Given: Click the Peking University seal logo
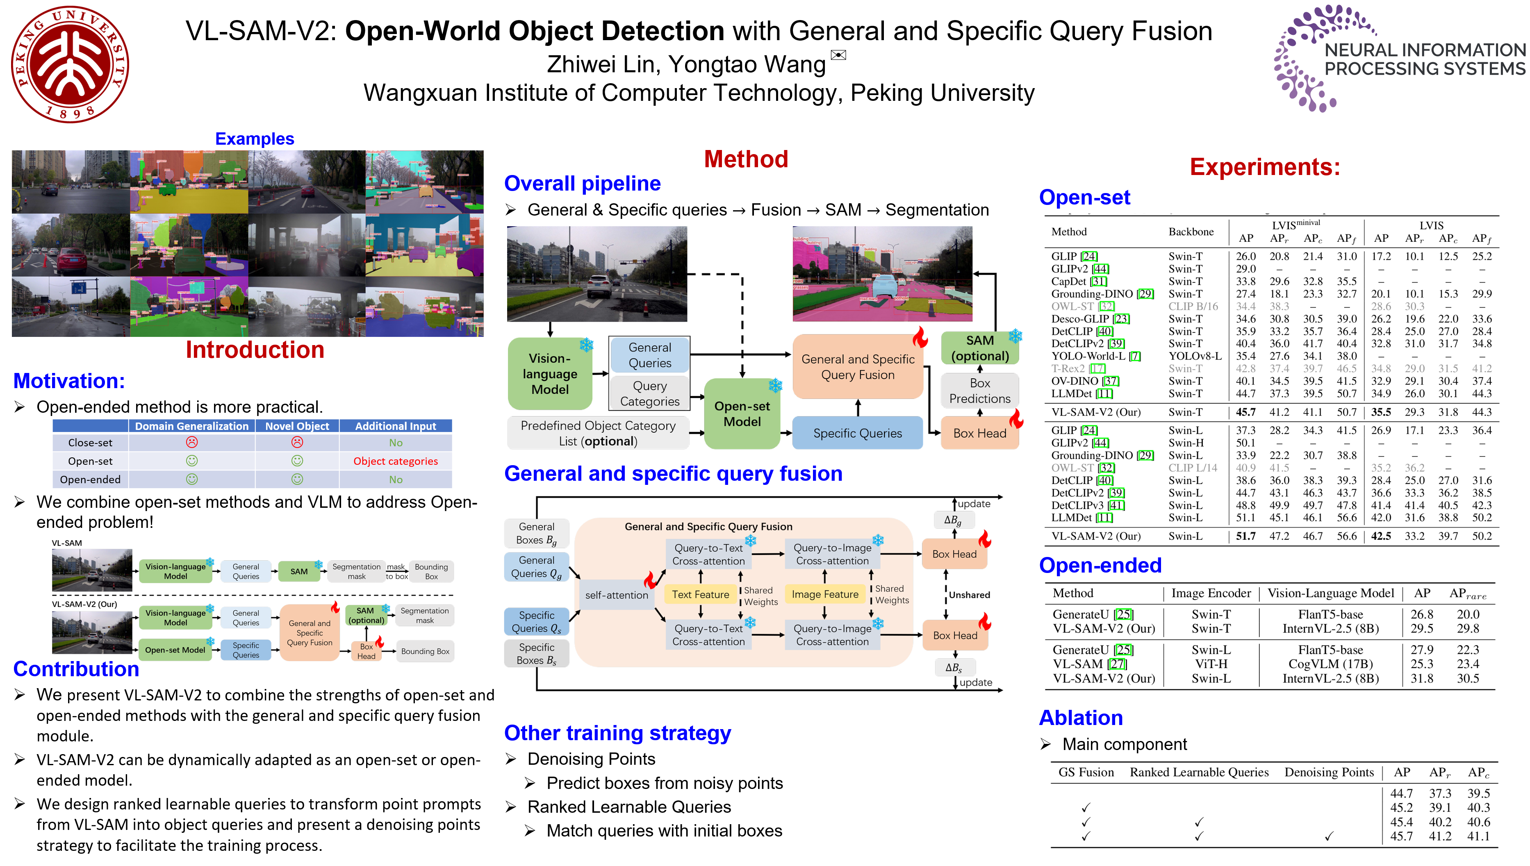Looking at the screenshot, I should (x=70, y=64).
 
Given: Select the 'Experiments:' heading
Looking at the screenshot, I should (x=1265, y=167).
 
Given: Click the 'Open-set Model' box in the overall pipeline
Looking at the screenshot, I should (x=742, y=414).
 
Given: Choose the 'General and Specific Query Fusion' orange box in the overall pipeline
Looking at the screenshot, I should (x=857, y=367).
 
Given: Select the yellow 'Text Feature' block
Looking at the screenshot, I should (x=700, y=594).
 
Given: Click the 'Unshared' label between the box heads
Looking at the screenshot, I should (x=969, y=595).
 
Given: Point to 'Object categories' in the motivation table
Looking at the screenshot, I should (x=396, y=461).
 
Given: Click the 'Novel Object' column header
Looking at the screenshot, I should (x=297, y=426).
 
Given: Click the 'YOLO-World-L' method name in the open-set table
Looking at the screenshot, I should (x=1088, y=356).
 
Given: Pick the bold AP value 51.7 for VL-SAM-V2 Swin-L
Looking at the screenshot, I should (x=1245, y=536).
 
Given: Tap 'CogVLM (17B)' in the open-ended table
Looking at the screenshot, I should (x=1330, y=664).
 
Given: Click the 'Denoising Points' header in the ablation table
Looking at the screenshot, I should (x=1329, y=772).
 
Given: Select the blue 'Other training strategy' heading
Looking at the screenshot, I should (x=617, y=733).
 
